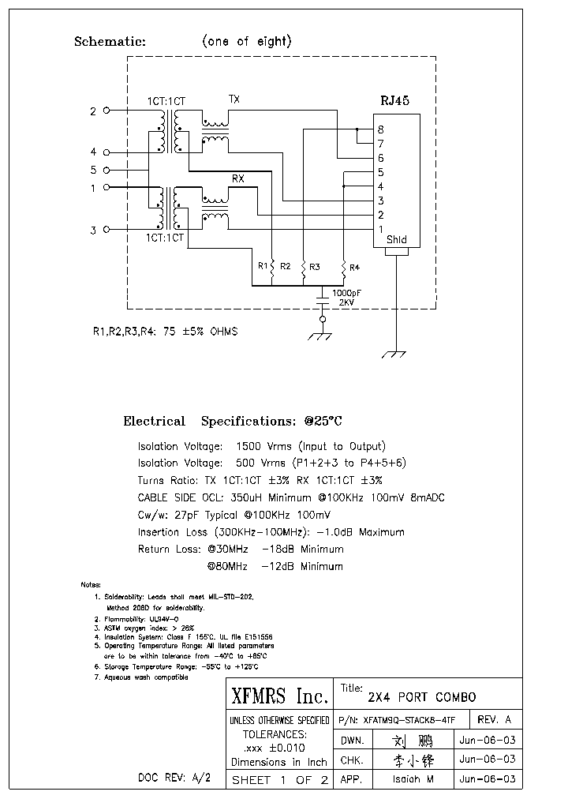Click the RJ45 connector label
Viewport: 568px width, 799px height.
[x=395, y=100]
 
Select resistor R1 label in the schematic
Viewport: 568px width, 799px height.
[x=263, y=267]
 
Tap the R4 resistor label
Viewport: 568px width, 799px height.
[x=354, y=267]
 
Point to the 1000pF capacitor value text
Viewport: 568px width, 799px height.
[x=347, y=293]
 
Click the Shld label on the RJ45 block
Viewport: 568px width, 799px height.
[x=396, y=239]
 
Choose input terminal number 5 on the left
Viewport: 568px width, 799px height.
[x=93, y=170]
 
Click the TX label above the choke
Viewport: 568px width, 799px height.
[x=234, y=99]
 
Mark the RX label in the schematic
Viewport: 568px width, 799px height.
[x=237, y=179]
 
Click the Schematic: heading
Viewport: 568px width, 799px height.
[x=110, y=42]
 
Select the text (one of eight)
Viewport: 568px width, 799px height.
[x=246, y=42]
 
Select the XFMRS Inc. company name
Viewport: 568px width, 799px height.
[x=279, y=696]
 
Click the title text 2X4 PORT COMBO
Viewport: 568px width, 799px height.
[x=422, y=697]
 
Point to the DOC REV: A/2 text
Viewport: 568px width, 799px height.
[x=174, y=778]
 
